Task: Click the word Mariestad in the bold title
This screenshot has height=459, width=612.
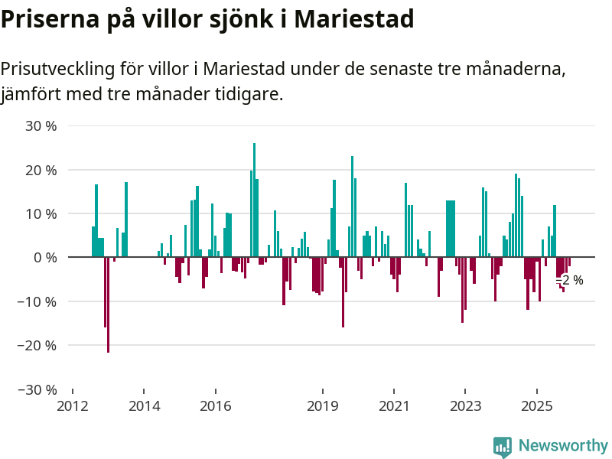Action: [355, 18]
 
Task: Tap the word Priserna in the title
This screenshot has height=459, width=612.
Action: [47, 18]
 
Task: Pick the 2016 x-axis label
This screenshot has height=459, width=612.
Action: [216, 405]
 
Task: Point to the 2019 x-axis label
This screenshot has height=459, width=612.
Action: [323, 405]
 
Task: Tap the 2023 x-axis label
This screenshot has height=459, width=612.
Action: [465, 405]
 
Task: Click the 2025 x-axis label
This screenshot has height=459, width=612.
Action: [536, 405]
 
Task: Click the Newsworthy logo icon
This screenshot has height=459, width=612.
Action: [503, 447]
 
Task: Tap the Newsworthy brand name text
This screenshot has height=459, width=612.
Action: [563, 446]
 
